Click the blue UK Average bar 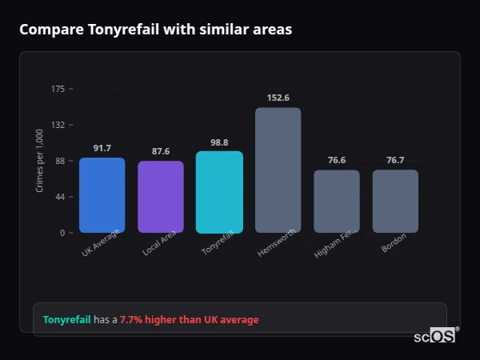click(x=102, y=195)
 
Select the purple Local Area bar click(x=161, y=197)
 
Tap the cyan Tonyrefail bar click(x=219, y=192)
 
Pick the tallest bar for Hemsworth click(x=278, y=170)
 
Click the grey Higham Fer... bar click(x=336, y=201)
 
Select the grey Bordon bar click(x=395, y=201)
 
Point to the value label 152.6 click(x=278, y=98)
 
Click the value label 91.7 click(x=102, y=148)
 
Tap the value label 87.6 click(x=161, y=151)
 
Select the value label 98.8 click(x=219, y=142)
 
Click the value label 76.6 click(x=336, y=160)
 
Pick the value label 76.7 click(x=395, y=160)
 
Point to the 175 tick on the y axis click(x=58, y=89)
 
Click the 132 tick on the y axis click(x=58, y=125)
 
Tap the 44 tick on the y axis click(x=61, y=197)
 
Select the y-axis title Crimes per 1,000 click(x=40, y=161)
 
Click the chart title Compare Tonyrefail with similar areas click(x=155, y=30)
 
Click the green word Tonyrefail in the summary click(x=66, y=320)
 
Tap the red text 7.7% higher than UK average click(x=190, y=320)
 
